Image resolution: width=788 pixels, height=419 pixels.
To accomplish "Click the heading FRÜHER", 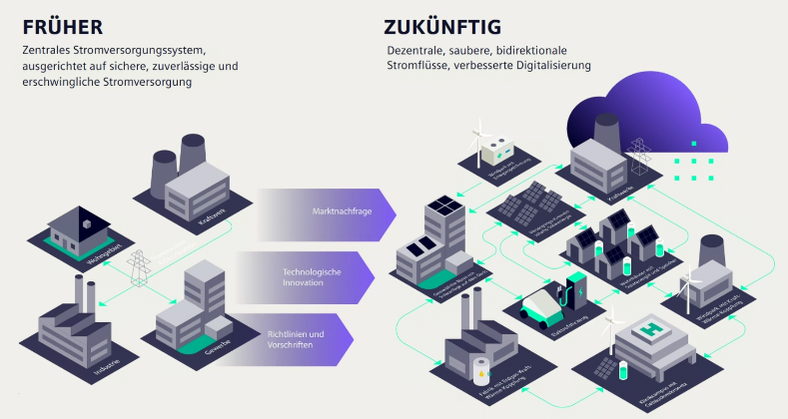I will tap(63, 26).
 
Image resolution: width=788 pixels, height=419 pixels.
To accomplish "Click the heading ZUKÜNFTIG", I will tap(442, 25).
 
